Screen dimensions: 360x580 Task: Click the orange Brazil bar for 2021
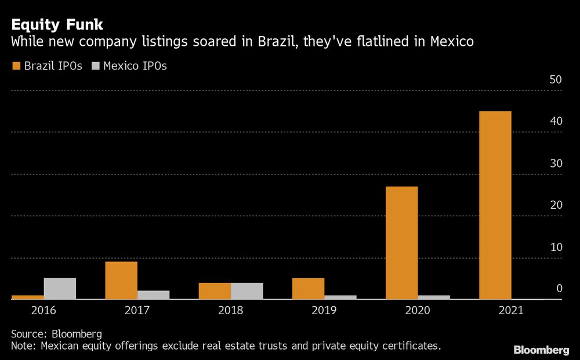coord(495,205)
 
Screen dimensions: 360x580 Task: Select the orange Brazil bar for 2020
coord(401,243)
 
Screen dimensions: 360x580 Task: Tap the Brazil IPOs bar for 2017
coord(121,281)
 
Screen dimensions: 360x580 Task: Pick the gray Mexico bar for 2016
coord(60,289)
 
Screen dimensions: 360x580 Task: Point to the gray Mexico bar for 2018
coord(246,291)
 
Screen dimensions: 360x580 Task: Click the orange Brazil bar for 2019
coord(308,289)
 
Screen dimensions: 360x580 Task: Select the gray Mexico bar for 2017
coord(153,295)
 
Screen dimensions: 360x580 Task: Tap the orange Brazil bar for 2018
coord(215,291)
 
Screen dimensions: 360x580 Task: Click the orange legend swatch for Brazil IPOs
coord(16,66)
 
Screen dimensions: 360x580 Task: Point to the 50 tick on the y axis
coord(556,80)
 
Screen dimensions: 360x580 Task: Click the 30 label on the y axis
coord(556,163)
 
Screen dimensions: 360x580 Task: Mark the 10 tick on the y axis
coord(556,247)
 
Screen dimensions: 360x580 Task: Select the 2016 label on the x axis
coord(43,310)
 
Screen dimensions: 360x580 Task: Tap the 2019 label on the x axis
coord(324,310)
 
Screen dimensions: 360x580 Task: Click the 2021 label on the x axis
coord(510,310)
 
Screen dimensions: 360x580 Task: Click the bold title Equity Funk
coord(57,25)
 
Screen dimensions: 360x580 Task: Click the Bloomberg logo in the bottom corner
coord(541,350)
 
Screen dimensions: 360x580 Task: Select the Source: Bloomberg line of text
coord(56,334)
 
